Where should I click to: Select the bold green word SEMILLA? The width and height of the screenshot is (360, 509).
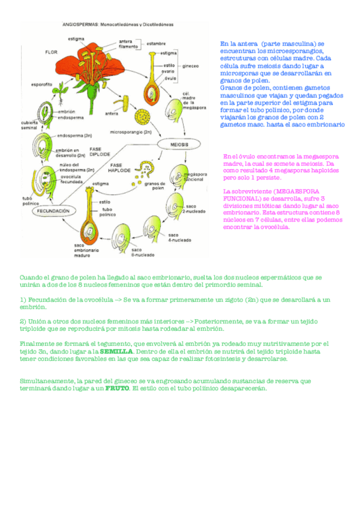click(116, 351)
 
